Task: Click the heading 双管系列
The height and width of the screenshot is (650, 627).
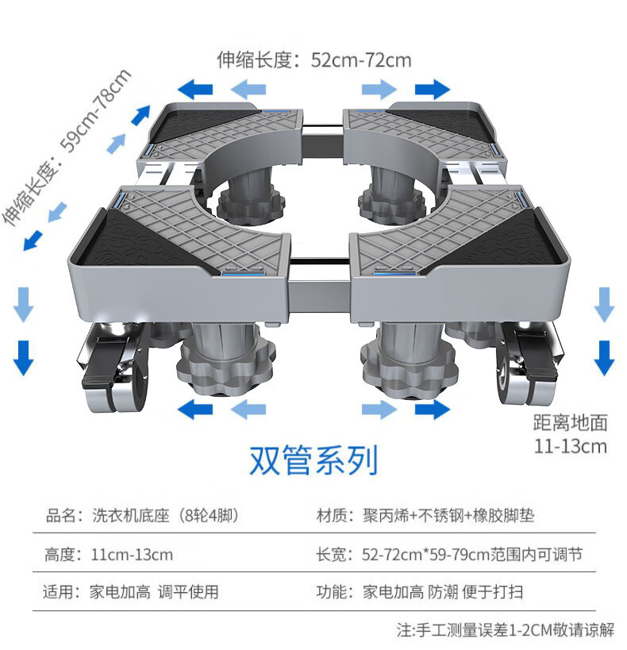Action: pos(313,460)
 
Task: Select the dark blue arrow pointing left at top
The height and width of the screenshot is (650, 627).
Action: pos(195,88)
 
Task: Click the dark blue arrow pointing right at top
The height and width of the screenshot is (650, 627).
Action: pos(432,88)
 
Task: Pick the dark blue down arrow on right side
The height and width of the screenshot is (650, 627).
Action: pos(605,356)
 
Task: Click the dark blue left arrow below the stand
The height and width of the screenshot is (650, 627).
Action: pos(195,410)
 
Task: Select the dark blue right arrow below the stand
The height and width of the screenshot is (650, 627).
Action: pos(432,410)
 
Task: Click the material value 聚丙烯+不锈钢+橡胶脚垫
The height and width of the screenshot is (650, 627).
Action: pos(448,516)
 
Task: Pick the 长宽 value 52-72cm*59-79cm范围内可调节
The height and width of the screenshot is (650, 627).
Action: pos(471,554)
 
